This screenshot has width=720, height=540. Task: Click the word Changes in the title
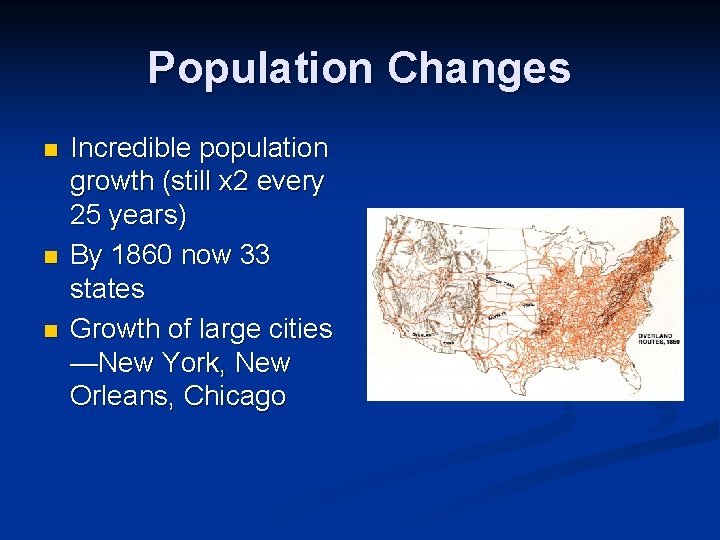tap(479, 69)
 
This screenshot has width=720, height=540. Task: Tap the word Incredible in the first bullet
tap(131, 148)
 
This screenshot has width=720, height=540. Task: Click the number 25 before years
tap(87, 216)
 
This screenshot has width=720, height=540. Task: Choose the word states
tap(107, 289)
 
